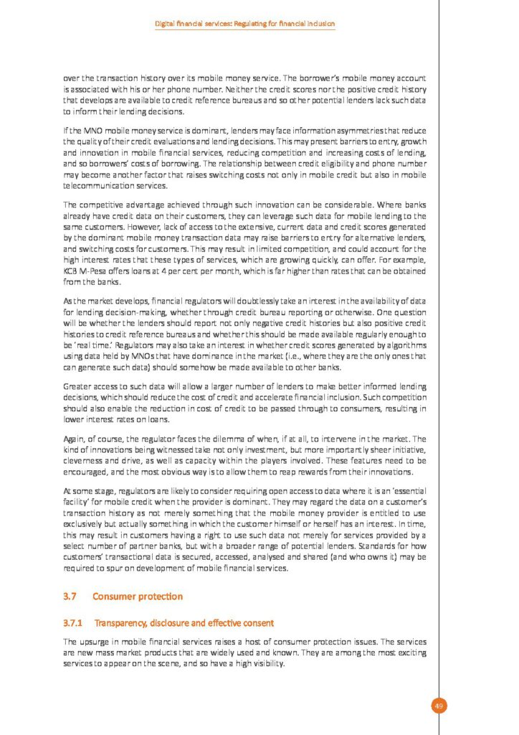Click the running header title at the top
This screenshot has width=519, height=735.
[245, 24]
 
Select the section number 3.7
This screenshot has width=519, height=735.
[70, 596]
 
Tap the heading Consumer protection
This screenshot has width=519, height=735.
[138, 596]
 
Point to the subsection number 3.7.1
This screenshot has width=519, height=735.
[73, 622]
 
